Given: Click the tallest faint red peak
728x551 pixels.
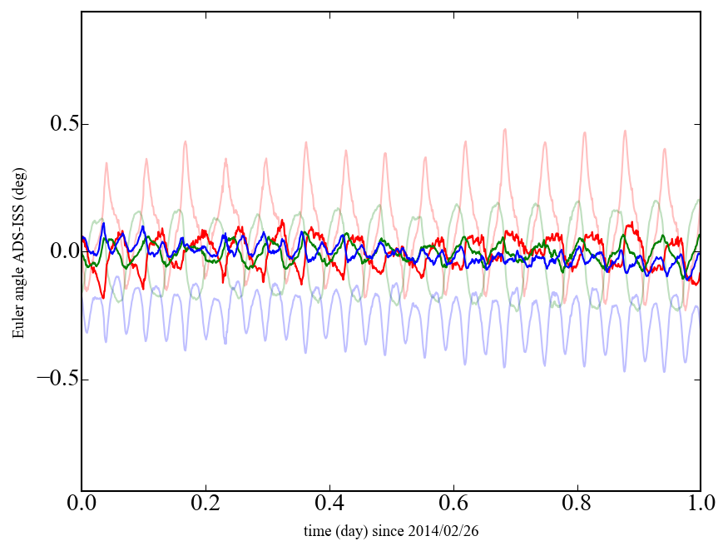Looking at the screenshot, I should (504, 129).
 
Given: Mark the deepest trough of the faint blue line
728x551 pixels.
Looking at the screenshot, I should (664, 371).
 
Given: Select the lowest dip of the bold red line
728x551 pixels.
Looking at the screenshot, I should (103, 297).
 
